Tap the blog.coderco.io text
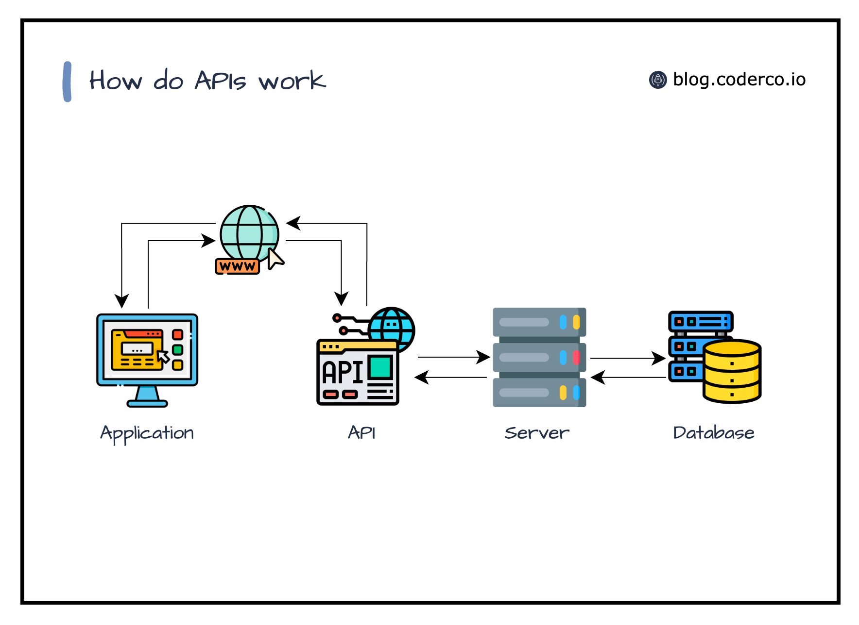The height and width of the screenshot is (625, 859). (x=739, y=80)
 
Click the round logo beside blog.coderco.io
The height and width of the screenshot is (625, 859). (x=658, y=80)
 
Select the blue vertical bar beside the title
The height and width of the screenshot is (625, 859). (x=68, y=82)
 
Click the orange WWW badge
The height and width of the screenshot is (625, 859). (x=237, y=266)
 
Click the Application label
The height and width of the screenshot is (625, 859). (x=147, y=433)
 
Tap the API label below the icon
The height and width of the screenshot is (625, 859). (x=361, y=432)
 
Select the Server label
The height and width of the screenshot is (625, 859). (x=537, y=433)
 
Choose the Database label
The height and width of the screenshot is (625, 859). (x=713, y=432)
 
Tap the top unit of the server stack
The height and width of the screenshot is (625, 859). (x=539, y=322)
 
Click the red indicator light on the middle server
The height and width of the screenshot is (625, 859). (x=576, y=358)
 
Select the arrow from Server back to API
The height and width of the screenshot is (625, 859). (x=451, y=377)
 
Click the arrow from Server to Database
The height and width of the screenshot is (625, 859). (x=627, y=358)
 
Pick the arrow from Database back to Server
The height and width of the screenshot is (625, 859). (x=628, y=377)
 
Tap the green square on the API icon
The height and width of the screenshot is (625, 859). (x=380, y=367)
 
